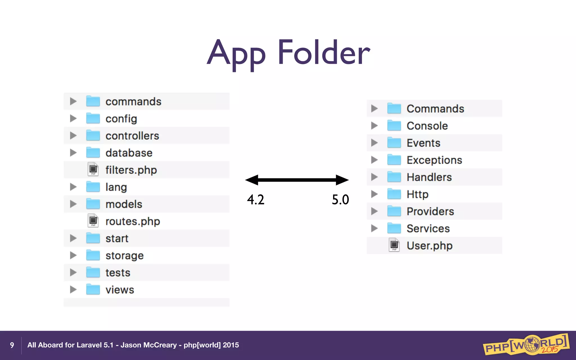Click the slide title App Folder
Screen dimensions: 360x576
pos(288,53)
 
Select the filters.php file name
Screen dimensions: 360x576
pos(131,170)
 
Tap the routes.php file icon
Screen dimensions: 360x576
pos(93,221)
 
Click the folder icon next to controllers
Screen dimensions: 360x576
pos(93,136)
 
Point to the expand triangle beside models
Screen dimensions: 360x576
pos(73,204)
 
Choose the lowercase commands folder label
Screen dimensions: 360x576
pos(133,102)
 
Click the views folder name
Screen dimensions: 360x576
pos(120,290)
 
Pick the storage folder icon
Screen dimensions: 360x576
pos(93,255)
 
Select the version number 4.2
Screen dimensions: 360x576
pos(256,200)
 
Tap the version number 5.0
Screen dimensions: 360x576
pos(340,200)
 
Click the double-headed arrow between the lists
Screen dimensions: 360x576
pos(297,180)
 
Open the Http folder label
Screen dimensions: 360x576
pos(418,194)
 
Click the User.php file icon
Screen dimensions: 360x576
pos(394,245)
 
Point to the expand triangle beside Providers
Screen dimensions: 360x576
pos(374,211)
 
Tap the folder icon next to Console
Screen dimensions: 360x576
pos(394,126)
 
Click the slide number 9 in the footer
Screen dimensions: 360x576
pos(12,345)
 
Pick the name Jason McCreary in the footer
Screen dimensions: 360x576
pos(148,345)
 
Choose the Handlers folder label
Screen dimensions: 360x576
pos(429,177)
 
